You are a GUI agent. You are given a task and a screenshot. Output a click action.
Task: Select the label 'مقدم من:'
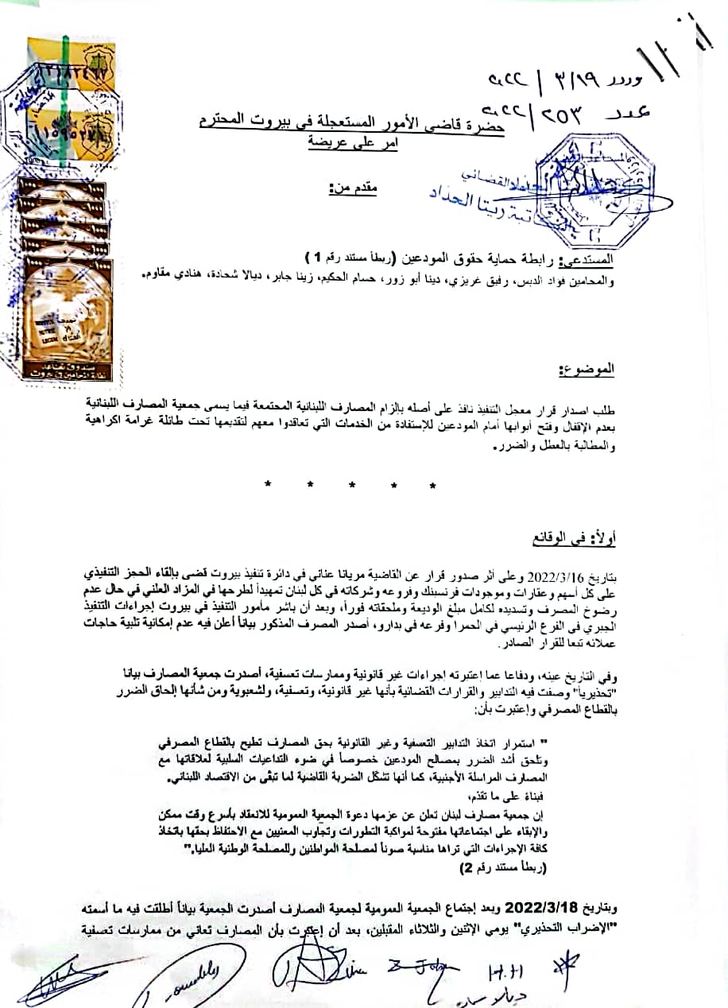[x=353, y=188]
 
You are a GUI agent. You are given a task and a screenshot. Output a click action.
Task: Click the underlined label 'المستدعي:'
[x=587, y=259]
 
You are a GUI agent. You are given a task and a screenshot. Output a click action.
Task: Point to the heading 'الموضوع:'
[x=588, y=369]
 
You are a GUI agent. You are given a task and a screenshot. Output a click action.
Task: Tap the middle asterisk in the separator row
[x=350, y=485]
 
